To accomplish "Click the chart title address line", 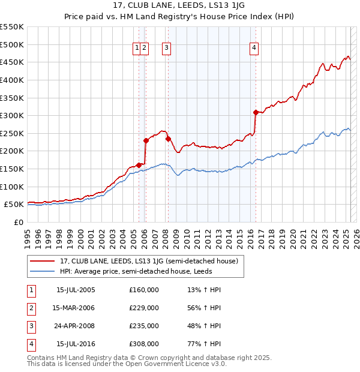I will [x=179, y=7].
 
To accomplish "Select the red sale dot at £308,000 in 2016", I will [x=256, y=112].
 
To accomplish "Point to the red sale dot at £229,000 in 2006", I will [x=146, y=140].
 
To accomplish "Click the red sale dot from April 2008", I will [x=168, y=139].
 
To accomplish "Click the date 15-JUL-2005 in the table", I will [x=76, y=290].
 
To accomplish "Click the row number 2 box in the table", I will [x=31, y=308].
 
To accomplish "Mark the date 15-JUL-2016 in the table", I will [x=76, y=344].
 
